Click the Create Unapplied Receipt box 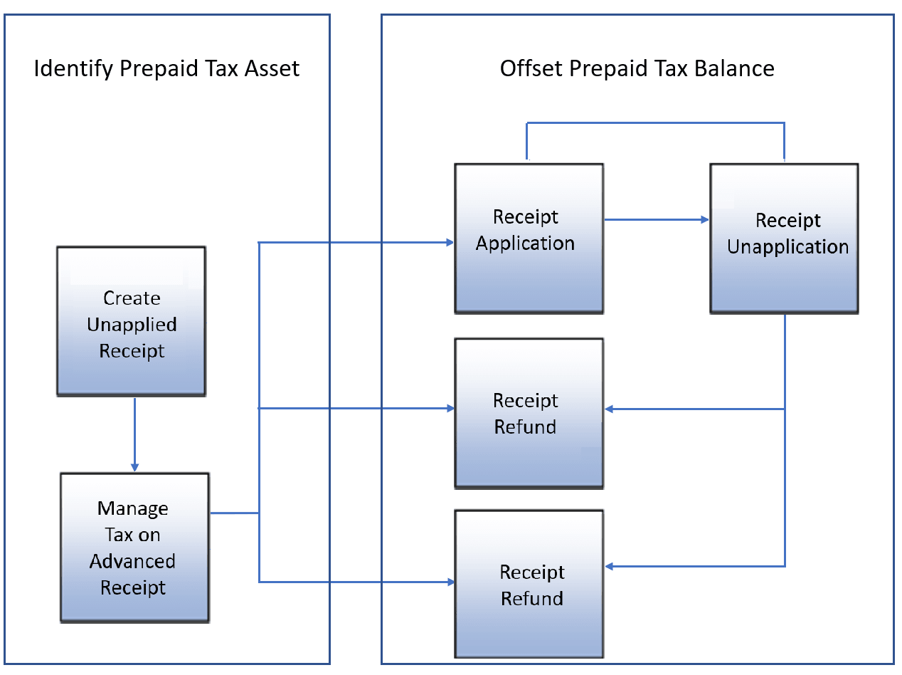point(131,320)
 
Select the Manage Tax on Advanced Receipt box point(134,547)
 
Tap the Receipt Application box point(529,238)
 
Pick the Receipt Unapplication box point(783,238)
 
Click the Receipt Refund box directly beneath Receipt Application point(529,413)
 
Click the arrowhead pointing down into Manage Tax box point(134,467)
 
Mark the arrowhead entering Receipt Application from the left point(450,243)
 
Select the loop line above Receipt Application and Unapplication point(654,123)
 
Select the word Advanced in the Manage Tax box point(132,562)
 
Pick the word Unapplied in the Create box point(132,325)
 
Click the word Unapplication point(787,247)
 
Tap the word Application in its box point(525,244)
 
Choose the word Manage point(132,509)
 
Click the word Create point(132,298)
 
